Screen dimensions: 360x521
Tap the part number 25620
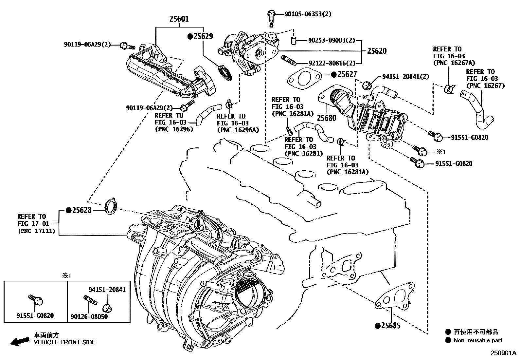coord(376,51)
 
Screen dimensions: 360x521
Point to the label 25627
coord(347,74)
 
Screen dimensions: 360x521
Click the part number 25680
coord(326,118)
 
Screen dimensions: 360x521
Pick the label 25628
coord(82,210)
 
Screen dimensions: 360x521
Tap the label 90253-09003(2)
coord(331,40)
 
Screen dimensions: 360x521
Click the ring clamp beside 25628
coord(110,206)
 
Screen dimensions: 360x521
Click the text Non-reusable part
coord(478,340)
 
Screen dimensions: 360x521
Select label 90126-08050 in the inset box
coord(89,316)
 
